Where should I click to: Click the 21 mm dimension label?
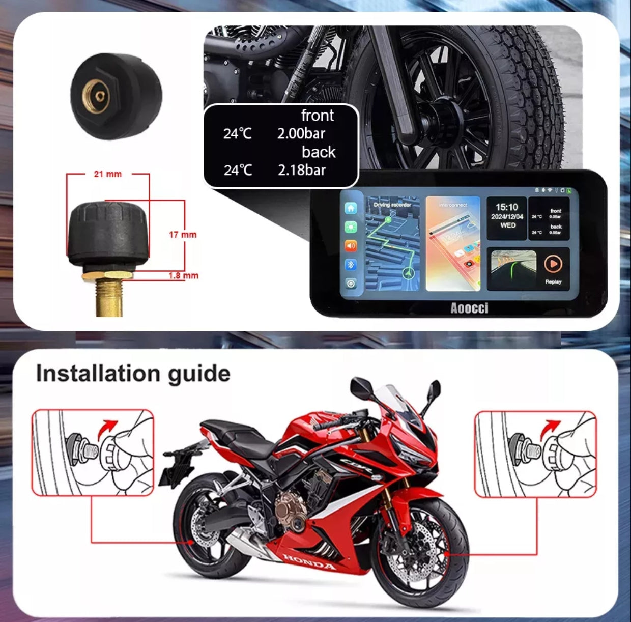[x=107, y=174]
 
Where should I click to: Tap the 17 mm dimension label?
[x=182, y=235]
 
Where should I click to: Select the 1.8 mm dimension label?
[x=183, y=276]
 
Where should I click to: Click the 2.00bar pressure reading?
[x=301, y=134]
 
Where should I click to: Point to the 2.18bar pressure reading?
[x=301, y=170]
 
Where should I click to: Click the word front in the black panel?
[x=318, y=116]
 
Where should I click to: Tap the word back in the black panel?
[x=319, y=152]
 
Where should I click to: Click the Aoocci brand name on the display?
[x=469, y=308]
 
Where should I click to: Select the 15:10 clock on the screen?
[x=506, y=207]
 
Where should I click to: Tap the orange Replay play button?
[x=553, y=264]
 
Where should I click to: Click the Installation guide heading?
[x=133, y=373]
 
